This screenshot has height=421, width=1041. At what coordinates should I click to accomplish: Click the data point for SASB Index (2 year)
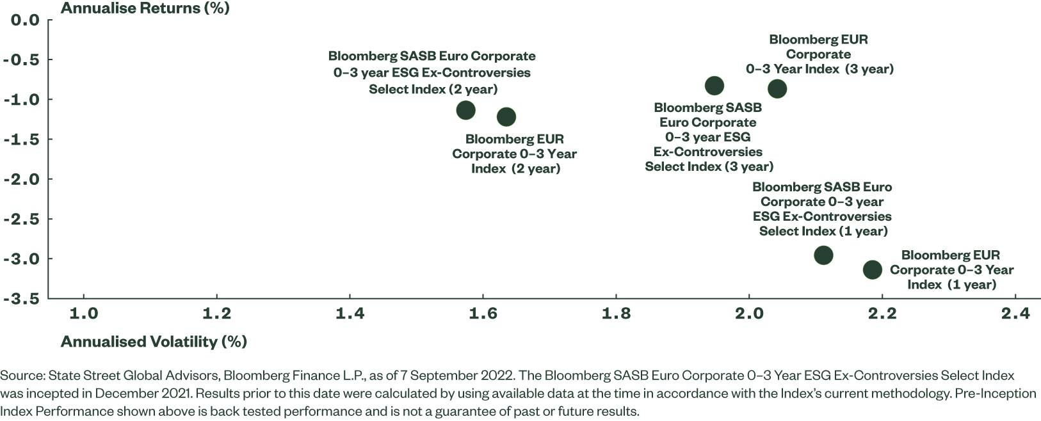tap(465, 110)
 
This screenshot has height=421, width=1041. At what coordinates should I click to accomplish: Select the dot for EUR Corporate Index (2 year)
tap(506, 116)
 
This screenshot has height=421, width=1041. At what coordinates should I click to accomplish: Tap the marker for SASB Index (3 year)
tap(714, 86)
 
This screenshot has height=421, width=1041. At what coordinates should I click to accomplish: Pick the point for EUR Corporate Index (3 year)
tap(777, 88)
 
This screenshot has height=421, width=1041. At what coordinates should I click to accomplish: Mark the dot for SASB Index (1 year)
tap(823, 255)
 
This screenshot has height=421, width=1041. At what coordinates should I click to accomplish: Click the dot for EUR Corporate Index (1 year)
tap(872, 269)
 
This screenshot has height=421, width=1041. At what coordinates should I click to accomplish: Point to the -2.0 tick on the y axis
tap(21, 179)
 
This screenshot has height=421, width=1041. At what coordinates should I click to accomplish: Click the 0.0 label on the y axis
tap(25, 20)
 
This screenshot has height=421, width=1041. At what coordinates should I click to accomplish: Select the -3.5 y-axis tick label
tap(21, 299)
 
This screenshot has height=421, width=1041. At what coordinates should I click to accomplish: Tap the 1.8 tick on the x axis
tap(616, 314)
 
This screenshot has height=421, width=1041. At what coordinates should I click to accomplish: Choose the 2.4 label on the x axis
tap(1015, 314)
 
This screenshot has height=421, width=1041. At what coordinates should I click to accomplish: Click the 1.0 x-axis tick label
tap(83, 314)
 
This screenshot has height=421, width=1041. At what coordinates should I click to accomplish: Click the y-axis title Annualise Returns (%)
tap(145, 8)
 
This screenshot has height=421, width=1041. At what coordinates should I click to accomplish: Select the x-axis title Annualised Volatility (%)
tap(154, 342)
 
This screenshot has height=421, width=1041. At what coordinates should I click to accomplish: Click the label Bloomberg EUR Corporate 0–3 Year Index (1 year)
tap(951, 269)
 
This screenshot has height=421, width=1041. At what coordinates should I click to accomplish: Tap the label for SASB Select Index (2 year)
tap(432, 72)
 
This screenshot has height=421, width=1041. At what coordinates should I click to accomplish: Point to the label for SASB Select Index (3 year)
tap(708, 137)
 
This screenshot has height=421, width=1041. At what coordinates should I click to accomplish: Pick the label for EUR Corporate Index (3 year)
tap(819, 54)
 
